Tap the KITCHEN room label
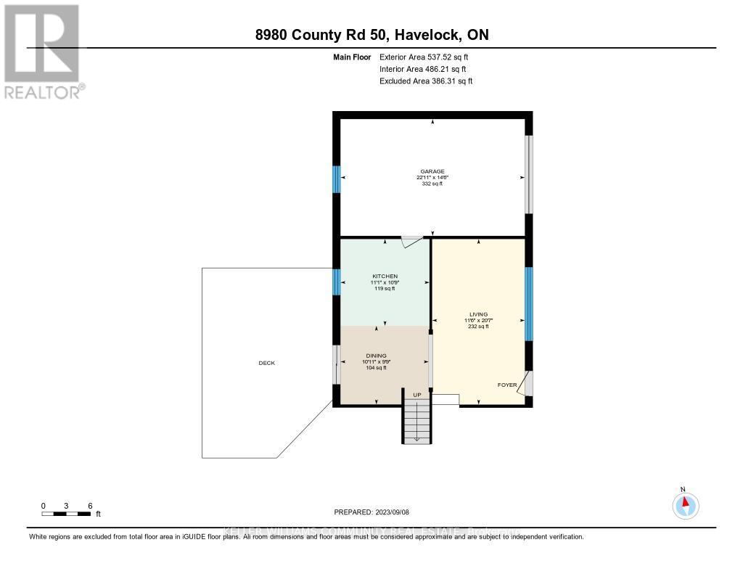click(x=385, y=276)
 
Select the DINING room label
click(x=376, y=356)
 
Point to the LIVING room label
click(x=478, y=315)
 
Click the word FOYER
click(x=507, y=385)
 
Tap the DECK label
click(x=266, y=363)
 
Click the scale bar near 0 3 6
click(x=66, y=514)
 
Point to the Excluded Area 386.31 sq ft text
click(x=426, y=81)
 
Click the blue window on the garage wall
click(x=337, y=179)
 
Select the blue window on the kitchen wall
click(x=337, y=282)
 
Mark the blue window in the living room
click(x=529, y=303)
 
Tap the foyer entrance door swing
click(x=525, y=383)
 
